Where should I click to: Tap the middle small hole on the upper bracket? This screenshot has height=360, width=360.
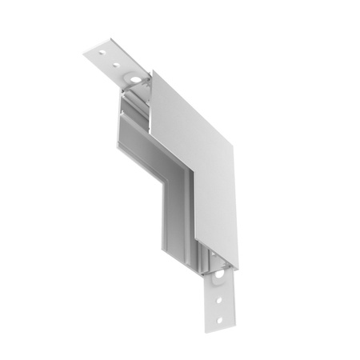pos(118,65)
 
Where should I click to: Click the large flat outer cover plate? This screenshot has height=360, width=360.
pos(196,168)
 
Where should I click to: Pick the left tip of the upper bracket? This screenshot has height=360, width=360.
pos(85,54)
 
